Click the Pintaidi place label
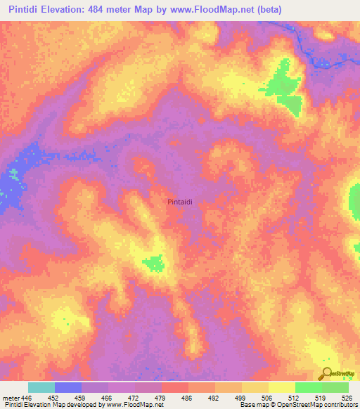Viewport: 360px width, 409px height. pyautogui.click(x=186, y=202)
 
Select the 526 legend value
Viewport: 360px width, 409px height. pyautogui.click(x=345, y=398)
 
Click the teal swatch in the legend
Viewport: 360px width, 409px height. pyautogui.click(x=41, y=387)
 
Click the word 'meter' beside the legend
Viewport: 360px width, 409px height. pyautogui.click(x=11, y=398)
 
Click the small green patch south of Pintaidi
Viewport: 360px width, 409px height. pyautogui.click(x=153, y=264)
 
